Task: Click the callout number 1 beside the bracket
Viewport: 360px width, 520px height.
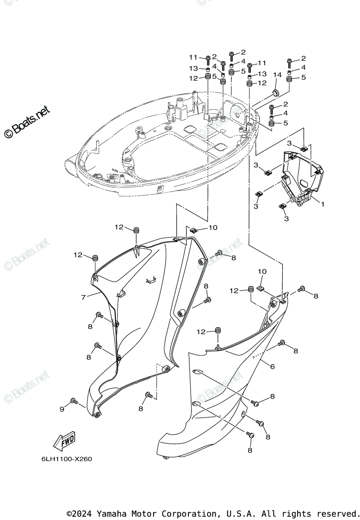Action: coord(322,203)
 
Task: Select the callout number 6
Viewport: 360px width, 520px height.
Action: coord(272,367)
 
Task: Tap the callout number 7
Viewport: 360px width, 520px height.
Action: coord(84,297)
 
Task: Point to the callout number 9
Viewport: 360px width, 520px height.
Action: coord(62,409)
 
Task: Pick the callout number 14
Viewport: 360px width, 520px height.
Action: coord(277,75)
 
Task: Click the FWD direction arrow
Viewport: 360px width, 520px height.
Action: coord(64,442)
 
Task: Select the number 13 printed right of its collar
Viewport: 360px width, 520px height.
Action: coord(262,74)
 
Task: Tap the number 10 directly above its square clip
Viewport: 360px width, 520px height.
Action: coord(263,271)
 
